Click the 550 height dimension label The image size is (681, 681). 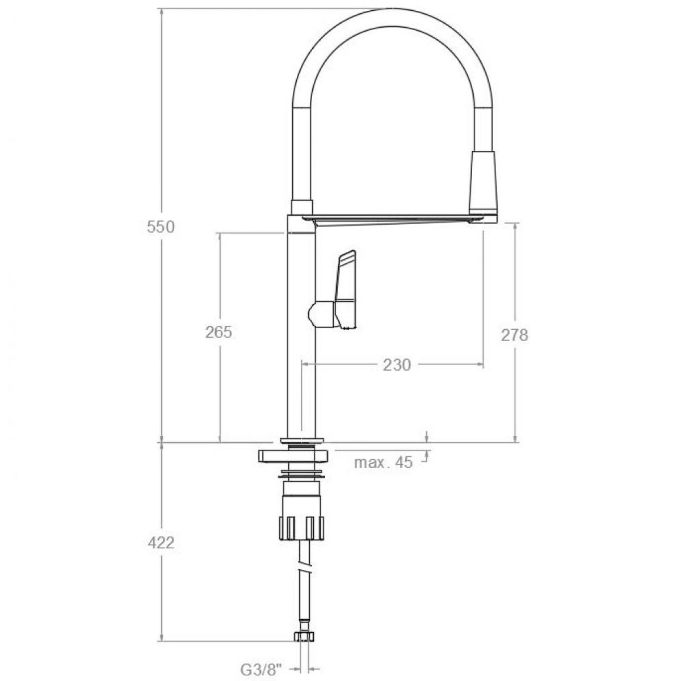click(161, 227)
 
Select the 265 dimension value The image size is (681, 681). click(218, 332)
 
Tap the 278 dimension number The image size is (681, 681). click(514, 335)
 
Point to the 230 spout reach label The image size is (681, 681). click(396, 365)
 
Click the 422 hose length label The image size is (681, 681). click(161, 543)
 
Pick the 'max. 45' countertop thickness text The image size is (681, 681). click(383, 463)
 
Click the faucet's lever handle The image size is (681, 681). click(347, 289)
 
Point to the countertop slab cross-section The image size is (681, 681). click(293, 456)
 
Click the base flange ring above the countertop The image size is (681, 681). click(302, 440)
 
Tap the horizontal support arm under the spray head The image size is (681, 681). click(392, 220)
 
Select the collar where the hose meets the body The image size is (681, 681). click(302, 208)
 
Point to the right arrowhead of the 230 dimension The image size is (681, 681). click(480, 365)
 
